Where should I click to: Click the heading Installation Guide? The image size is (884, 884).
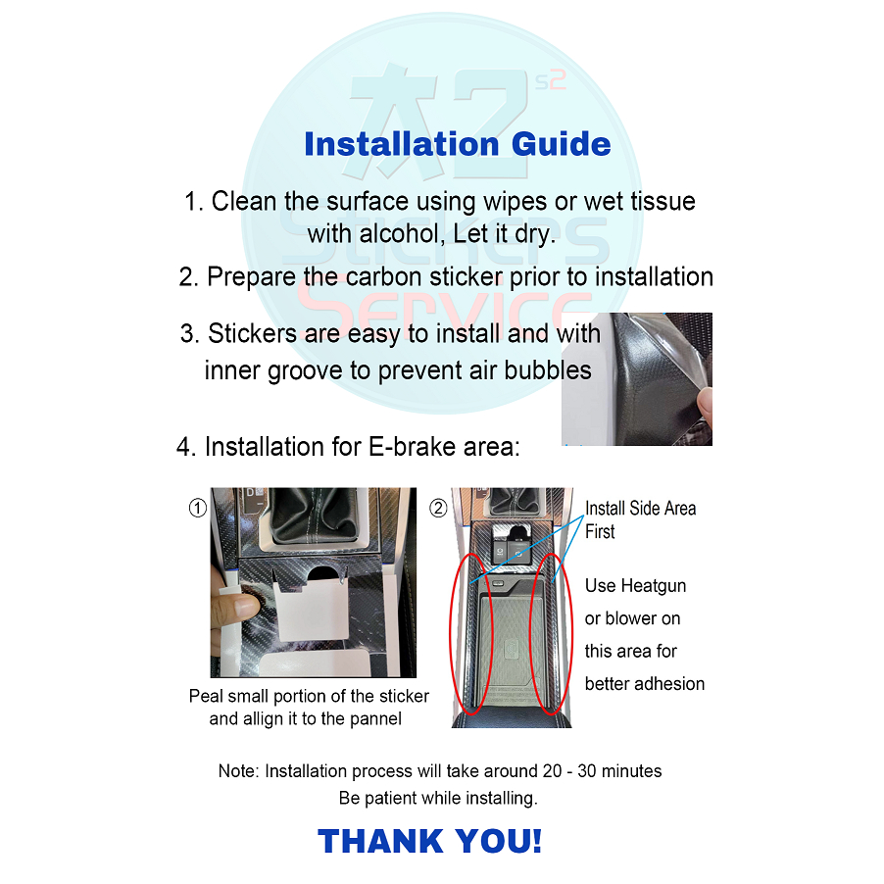pyautogui.click(x=458, y=144)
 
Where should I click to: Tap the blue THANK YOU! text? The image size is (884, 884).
pyautogui.click(x=430, y=841)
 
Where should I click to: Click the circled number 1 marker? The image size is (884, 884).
pyautogui.click(x=197, y=508)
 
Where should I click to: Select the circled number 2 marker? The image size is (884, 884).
pyautogui.click(x=439, y=508)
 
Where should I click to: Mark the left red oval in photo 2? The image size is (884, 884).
pyautogui.click(x=451, y=634)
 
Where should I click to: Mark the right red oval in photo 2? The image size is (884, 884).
pyautogui.click(x=530, y=634)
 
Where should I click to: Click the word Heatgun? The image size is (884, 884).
pyautogui.click(x=654, y=586)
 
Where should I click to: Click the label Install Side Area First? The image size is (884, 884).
pyautogui.click(x=640, y=519)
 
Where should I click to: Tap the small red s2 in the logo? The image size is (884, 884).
pyautogui.click(x=550, y=81)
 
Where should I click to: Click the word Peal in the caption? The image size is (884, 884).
pyautogui.click(x=207, y=696)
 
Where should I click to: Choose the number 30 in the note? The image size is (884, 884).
pyautogui.click(x=587, y=770)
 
